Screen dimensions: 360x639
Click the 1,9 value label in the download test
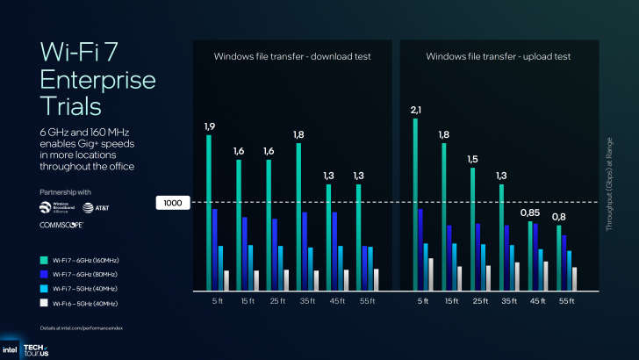coord(210,127)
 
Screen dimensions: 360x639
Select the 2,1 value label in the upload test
coord(417,110)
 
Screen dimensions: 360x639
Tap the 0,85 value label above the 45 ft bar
coord(529,212)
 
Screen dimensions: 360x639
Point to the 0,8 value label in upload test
coord(559,217)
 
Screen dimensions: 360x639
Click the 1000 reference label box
coord(172,203)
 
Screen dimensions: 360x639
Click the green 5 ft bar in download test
coord(209,212)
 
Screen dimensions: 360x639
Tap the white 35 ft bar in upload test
coord(517,276)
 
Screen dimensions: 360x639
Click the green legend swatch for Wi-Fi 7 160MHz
coord(44,260)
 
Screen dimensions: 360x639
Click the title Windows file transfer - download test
coord(292,56)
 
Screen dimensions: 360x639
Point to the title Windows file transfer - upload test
coord(499,56)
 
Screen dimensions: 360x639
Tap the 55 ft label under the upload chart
coord(566,302)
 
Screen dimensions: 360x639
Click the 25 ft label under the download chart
coord(276,302)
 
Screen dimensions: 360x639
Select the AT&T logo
coord(96,208)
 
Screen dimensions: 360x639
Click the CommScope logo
coord(61,225)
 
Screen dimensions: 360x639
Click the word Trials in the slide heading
coord(71,106)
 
